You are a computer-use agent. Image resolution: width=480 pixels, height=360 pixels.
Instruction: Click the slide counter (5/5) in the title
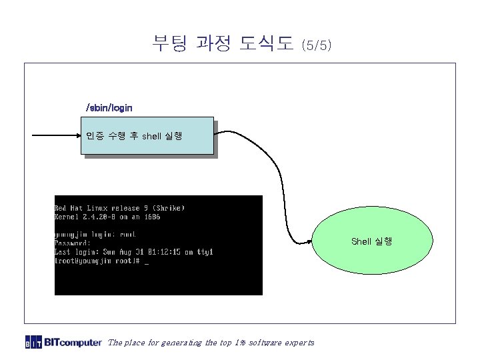coord(316,45)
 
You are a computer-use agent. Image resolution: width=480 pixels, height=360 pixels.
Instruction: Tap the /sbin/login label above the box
coord(109,107)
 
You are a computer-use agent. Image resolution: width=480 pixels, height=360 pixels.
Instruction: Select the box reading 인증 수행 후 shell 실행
coord(147,136)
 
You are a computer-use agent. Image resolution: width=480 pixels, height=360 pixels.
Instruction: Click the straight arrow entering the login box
coord(56,136)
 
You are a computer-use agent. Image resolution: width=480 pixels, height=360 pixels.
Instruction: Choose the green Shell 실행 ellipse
coord(371,241)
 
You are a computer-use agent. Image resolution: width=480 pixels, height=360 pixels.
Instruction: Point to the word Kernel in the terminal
coord(67,217)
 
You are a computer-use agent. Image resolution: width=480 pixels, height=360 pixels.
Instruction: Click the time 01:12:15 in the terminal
coord(164,252)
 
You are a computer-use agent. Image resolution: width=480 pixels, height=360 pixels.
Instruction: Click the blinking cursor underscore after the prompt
coord(147,262)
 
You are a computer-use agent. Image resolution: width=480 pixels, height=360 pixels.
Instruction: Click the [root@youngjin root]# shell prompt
coord(97,261)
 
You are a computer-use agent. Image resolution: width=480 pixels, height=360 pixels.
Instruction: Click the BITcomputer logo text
coord(73,343)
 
